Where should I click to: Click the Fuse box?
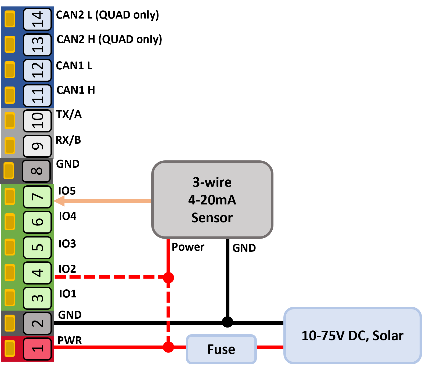coord(221,349)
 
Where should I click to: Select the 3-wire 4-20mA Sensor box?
coord(212,200)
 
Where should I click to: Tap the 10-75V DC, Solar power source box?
coord(353,335)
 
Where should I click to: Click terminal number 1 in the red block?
coord(37,349)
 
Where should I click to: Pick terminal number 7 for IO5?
coord(37,197)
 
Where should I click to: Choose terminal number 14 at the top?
coord(37,19)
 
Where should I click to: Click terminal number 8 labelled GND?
coord(37,171)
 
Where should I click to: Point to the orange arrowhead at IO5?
coord(59,201)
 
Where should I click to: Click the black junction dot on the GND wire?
coord(228,322)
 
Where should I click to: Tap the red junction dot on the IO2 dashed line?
coord(168,278)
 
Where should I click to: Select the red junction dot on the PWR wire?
coord(168,347)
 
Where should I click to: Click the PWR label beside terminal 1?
coord(70,340)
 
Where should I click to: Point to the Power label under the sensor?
coord(188,247)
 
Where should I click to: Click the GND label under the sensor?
coord(244,248)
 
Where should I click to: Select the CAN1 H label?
coord(76,90)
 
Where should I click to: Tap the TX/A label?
coord(69,114)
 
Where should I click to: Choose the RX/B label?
coord(68,140)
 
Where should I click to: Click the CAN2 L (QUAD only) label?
coord(107,15)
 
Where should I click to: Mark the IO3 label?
coord(67,244)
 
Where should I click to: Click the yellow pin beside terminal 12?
coord(10,70)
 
